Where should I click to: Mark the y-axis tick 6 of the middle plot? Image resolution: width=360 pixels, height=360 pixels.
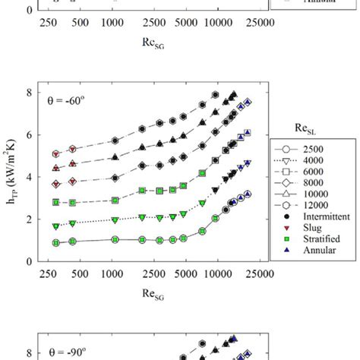30,135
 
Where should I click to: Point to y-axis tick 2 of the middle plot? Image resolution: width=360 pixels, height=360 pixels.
30,219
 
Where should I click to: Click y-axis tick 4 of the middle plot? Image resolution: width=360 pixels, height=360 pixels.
30,177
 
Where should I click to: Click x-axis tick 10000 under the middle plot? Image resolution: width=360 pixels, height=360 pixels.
217,273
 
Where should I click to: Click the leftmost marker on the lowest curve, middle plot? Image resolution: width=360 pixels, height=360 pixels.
55,242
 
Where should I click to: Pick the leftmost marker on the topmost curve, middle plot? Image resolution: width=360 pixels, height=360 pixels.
55,154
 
